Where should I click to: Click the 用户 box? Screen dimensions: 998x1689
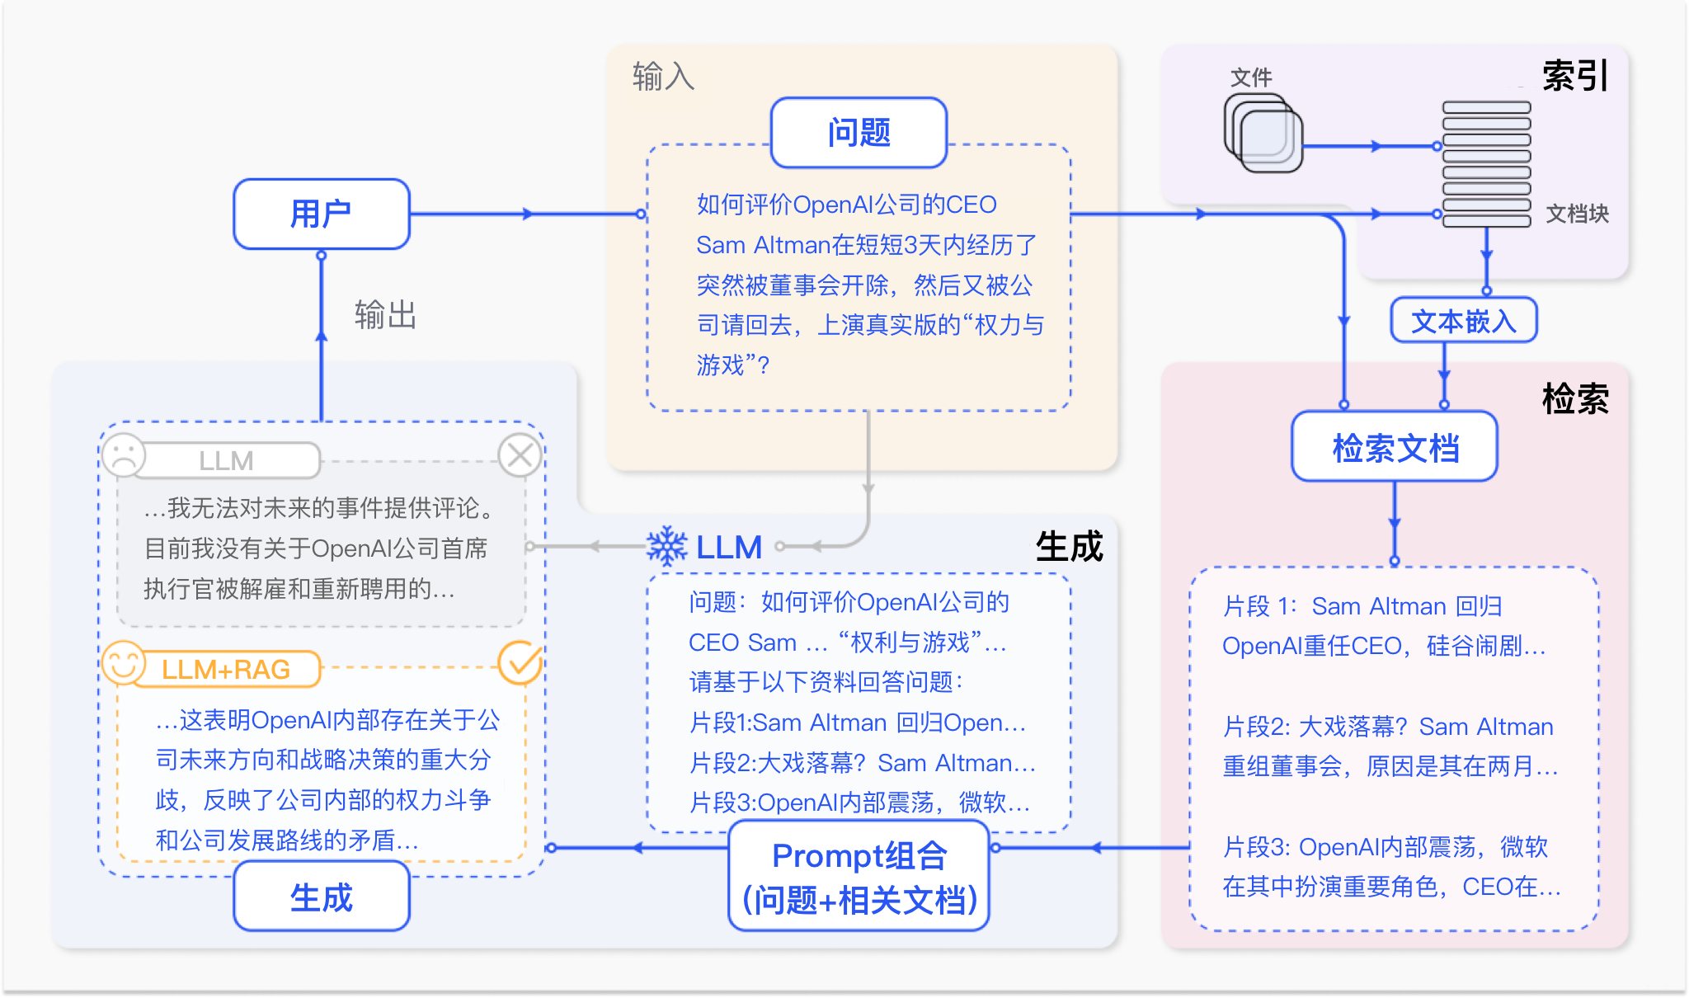pos(322,214)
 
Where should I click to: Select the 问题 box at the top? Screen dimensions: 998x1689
pos(859,133)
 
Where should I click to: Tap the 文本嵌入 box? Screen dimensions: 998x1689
pos(1464,320)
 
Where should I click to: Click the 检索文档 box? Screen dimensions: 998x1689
pos(1395,447)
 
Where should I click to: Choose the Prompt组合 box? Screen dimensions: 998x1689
pos(859,877)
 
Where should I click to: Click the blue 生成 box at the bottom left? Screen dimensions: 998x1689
pos(322,897)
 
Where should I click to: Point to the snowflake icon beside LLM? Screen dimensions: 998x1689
pos(666,546)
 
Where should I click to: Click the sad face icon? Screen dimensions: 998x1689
pos(124,454)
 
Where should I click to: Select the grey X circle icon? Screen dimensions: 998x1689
pos(520,454)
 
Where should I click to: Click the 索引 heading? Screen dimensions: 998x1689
pos(1575,76)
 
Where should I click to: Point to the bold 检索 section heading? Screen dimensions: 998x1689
pos(1575,399)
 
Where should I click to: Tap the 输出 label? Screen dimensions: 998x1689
pos(385,315)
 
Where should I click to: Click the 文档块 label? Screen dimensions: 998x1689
pos(1577,214)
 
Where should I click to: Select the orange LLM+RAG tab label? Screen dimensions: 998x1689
pos(226,669)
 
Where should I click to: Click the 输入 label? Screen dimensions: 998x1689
pos(663,77)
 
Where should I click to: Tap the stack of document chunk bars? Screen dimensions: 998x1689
pos(1486,163)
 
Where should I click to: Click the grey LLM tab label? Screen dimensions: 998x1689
pos(226,460)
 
